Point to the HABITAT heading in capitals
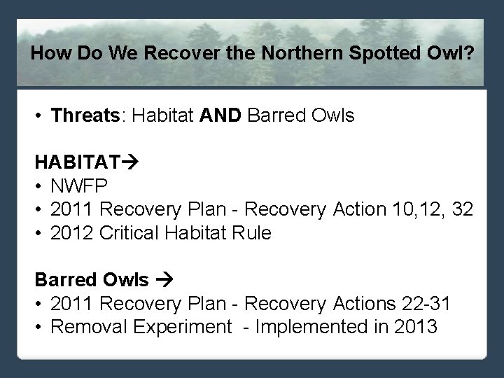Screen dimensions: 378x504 78,162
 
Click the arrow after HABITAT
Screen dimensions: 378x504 130,162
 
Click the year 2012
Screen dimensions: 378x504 73,233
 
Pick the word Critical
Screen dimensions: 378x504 131,233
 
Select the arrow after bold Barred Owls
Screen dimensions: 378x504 165,280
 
